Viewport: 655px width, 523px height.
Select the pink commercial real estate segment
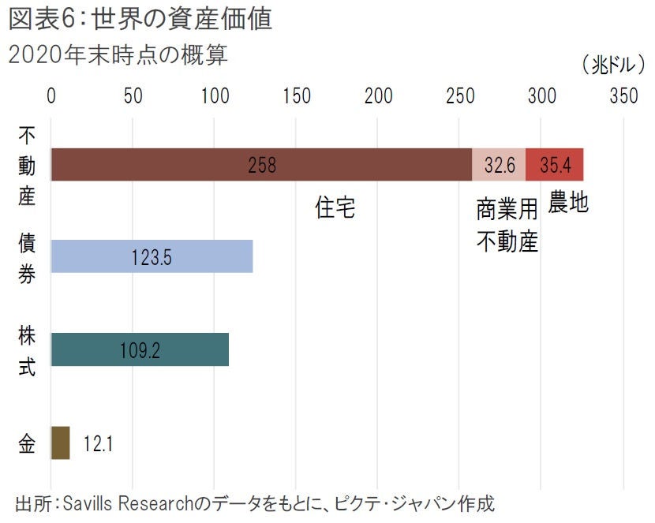pyautogui.click(x=499, y=165)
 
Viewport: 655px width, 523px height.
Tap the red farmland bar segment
pyautogui.click(x=554, y=165)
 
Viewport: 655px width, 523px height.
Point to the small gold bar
pyautogui.click(x=60, y=443)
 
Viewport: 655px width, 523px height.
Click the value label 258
pyautogui.click(x=262, y=165)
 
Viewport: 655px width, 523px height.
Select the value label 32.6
pyautogui.click(x=499, y=165)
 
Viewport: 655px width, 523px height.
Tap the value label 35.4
pyautogui.click(x=555, y=165)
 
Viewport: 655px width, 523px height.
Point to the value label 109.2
pyautogui.click(x=140, y=350)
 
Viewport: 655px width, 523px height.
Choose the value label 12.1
pyautogui.click(x=98, y=443)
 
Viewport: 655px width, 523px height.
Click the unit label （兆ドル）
pyautogui.click(x=611, y=65)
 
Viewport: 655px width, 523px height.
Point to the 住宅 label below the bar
pyautogui.click(x=335, y=207)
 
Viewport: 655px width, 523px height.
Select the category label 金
pyautogui.click(x=27, y=443)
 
